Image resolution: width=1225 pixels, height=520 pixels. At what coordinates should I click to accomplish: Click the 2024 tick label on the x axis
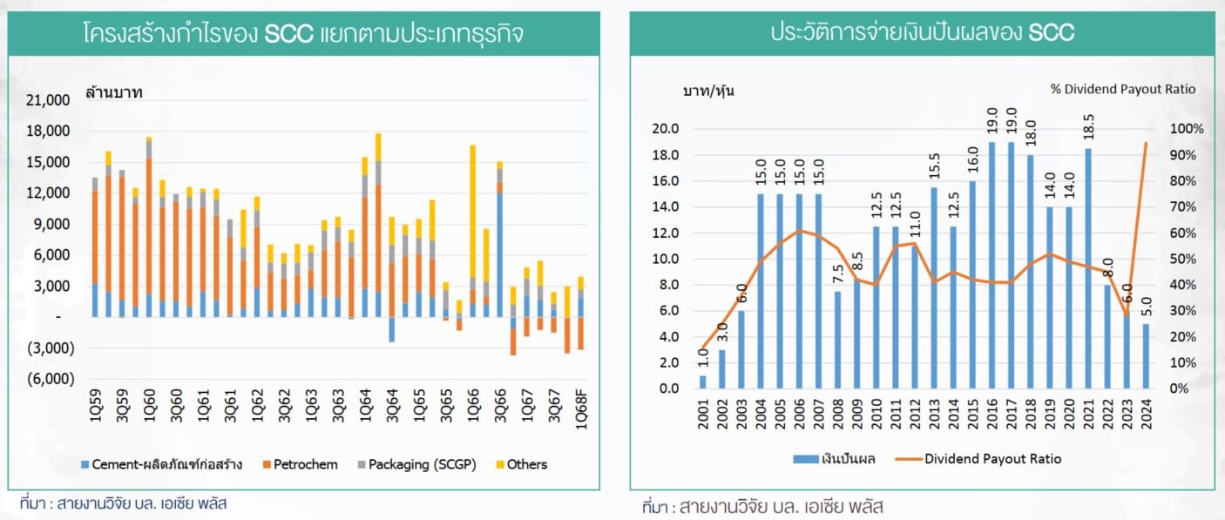(1146, 411)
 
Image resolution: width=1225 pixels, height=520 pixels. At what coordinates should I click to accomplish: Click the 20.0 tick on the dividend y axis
(666, 129)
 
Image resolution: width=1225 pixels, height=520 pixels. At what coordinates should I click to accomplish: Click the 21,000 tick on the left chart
(50, 100)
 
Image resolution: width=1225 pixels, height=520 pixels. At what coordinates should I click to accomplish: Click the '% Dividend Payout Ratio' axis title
(1122, 89)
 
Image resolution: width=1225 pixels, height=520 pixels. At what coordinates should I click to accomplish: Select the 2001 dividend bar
(703, 382)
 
